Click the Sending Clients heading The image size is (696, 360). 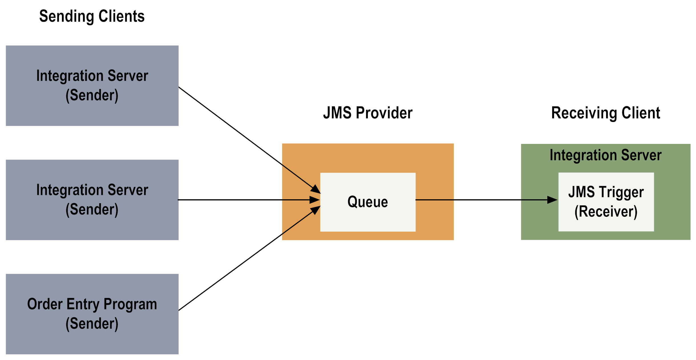tap(92, 16)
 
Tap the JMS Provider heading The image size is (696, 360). tap(368, 113)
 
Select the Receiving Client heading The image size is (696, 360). tap(606, 113)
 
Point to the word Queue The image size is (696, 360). tap(368, 202)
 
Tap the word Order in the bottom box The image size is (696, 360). tap(45, 304)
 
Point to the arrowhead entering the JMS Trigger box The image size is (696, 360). tap(552, 200)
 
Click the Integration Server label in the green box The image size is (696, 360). tap(606, 155)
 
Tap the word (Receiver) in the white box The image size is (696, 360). tap(606, 212)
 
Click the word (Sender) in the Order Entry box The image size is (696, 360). tap(92, 323)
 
